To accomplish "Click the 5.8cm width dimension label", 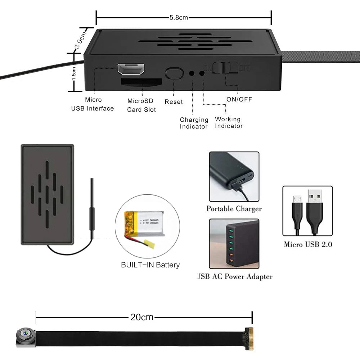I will pos(179,18).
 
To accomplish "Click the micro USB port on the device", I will pos(131,69).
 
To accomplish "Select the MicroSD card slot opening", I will pos(141,82).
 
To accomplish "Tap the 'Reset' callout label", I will pos(174,102).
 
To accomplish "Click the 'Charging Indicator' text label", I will pos(194,123).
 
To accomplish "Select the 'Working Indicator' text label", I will pos(229,122).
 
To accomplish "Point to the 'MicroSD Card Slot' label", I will pos(141,105).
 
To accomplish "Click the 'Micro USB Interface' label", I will pos(93,104).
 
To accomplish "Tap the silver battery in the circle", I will pos(145,223).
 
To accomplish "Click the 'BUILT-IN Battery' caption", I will pos(150,265).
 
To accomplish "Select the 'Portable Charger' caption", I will pos(234,209).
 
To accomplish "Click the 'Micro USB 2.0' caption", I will pos(308,245).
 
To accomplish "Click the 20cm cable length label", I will pos(142,317).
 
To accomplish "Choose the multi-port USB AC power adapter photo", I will pos(234,244).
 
